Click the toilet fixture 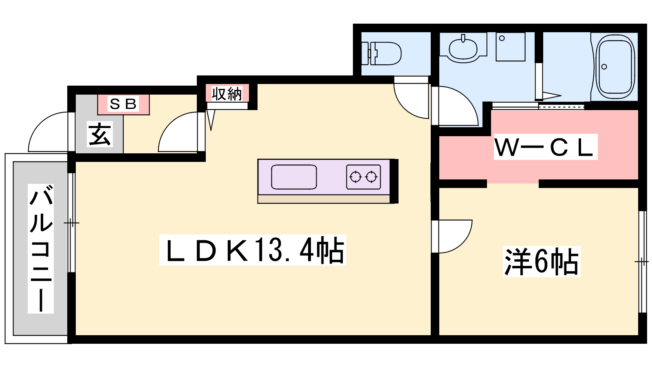384,53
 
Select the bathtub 615,66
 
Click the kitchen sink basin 294,177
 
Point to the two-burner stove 363,177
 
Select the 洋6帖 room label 542,261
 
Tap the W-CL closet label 545,147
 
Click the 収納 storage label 227,94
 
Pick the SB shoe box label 123,104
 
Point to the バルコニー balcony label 41,248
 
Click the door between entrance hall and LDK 179,133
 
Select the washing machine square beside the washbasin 510,47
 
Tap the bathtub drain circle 604,67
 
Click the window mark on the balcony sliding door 71,223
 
